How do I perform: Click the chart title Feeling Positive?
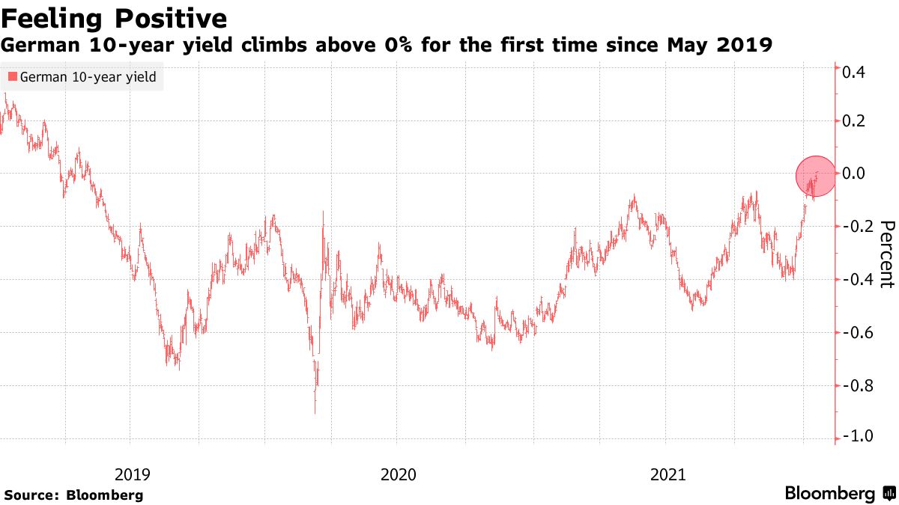(115, 16)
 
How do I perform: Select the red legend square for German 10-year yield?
(12, 76)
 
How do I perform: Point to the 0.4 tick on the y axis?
(855, 73)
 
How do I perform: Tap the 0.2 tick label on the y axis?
(855, 121)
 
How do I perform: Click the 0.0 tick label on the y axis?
(855, 174)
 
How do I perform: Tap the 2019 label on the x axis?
(133, 474)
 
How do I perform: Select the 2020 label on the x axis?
(399, 474)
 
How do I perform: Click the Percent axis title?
(887, 254)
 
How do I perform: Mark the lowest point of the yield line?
(315, 412)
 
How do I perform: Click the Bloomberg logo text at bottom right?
(830, 494)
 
